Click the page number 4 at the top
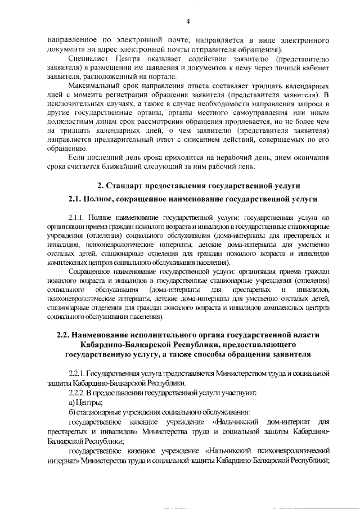[x=188, y=21]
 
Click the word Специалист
[x=86, y=58]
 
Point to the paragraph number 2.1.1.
[x=76, y=217]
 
